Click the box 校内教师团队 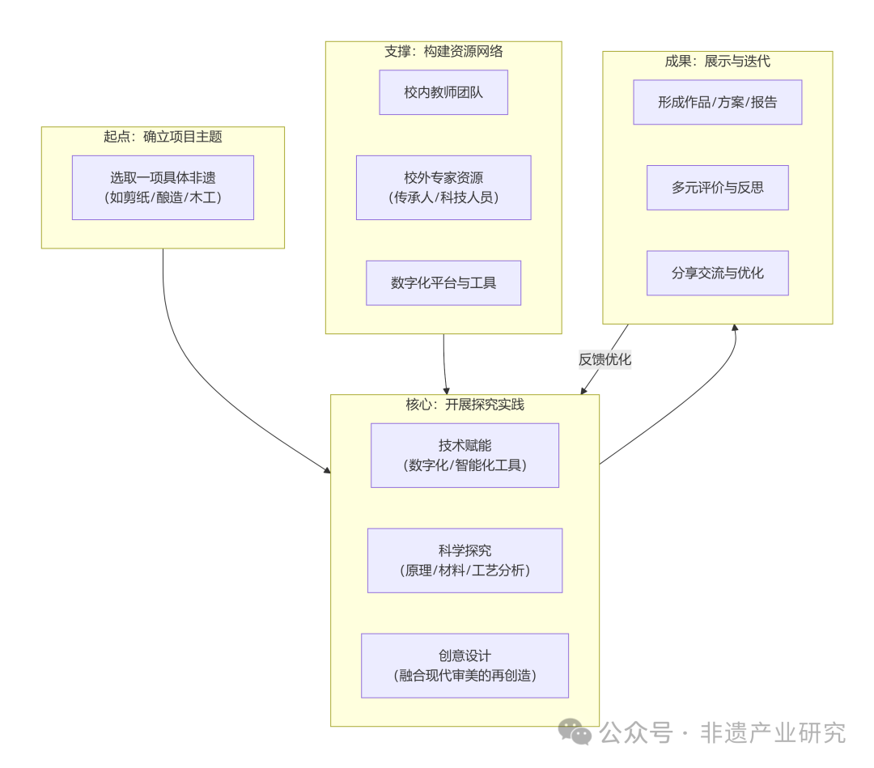443,92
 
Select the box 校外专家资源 443,188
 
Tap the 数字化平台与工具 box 443,283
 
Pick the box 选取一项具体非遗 163,188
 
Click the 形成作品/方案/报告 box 717,102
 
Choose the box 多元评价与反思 717,188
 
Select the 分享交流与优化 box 717,274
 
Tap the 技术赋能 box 465,455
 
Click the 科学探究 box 465,560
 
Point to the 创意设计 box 465,665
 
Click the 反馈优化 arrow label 605,359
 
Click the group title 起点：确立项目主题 163,137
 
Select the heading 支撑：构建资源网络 443,52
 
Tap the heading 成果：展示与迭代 717,62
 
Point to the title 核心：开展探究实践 465,404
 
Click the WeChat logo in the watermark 575,732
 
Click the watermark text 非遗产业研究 772,732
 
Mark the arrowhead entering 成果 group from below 735,328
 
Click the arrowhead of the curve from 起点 327,469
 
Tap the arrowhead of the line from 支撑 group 447,391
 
